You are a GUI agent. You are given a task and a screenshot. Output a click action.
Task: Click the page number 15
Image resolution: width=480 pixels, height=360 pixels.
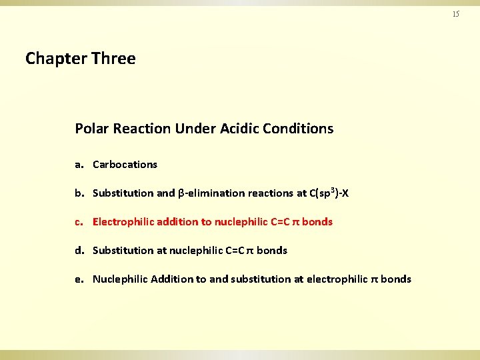pos(456,14)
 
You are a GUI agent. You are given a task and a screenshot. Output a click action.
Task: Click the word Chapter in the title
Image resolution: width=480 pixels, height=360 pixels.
pos(56,59)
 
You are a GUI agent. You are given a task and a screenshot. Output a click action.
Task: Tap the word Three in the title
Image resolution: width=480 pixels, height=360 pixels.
pos(113,59)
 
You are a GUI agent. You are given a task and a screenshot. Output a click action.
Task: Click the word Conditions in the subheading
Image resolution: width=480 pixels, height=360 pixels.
pos(301,128)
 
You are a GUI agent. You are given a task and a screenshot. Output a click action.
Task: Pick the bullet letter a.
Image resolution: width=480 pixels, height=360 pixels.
pos(78,165)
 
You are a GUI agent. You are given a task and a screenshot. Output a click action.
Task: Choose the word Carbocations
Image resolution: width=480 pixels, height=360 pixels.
pos(125,165)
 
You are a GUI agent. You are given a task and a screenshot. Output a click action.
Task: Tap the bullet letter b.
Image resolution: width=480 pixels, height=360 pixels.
pos(78,193)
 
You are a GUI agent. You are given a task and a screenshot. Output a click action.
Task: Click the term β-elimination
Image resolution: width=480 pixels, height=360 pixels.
pos(211,193)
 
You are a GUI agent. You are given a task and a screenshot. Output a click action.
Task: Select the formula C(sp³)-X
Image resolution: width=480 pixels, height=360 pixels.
pos(329,193)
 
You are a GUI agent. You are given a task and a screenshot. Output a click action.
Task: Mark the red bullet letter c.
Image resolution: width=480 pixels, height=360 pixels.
pos(78,222)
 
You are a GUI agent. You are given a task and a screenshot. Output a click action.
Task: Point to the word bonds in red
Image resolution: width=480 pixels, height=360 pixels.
pos(317,222)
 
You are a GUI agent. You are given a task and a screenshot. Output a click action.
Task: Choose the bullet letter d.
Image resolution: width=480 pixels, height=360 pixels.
pos(78,251)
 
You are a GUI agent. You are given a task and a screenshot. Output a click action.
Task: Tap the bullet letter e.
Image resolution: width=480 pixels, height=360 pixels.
pos(78,279)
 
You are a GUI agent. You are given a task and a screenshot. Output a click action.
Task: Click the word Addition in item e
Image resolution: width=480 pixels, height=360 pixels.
pos(172,279)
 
